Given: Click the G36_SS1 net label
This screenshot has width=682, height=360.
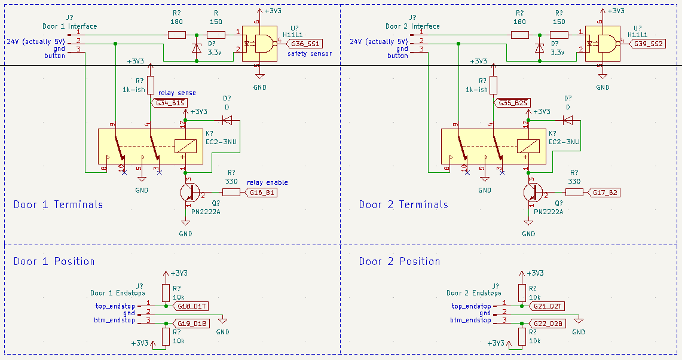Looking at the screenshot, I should pos(305,44).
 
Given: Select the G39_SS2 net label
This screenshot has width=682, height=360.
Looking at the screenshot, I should pos(649,44).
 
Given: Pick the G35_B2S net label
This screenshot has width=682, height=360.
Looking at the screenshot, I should pos(513,103).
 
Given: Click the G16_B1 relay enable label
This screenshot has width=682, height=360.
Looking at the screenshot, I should pos(261,193).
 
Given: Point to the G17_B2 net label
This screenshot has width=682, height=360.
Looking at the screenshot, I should pos(604,193).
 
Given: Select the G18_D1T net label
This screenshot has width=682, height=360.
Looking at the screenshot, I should pos(191,306).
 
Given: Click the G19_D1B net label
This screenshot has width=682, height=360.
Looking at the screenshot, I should pos(191,324).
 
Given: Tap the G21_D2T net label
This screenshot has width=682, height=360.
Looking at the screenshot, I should pos(548,306).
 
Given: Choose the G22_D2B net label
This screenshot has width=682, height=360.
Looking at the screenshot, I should pos(548,324).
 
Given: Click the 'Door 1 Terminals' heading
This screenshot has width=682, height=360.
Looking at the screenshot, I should pos(58,205).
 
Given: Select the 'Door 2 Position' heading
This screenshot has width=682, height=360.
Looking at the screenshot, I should pos(399,261).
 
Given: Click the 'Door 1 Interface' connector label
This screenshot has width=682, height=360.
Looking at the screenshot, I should pos(69,26).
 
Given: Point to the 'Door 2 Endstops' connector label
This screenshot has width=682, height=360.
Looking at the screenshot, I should pos(473,293).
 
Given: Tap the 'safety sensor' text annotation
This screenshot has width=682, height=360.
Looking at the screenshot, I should pos(309,54).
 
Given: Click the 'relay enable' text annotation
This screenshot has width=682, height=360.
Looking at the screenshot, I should pos(267,182).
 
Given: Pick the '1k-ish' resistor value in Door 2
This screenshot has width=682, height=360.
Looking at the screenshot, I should pos(476,90).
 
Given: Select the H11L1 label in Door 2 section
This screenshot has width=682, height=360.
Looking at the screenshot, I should pos(638,35).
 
